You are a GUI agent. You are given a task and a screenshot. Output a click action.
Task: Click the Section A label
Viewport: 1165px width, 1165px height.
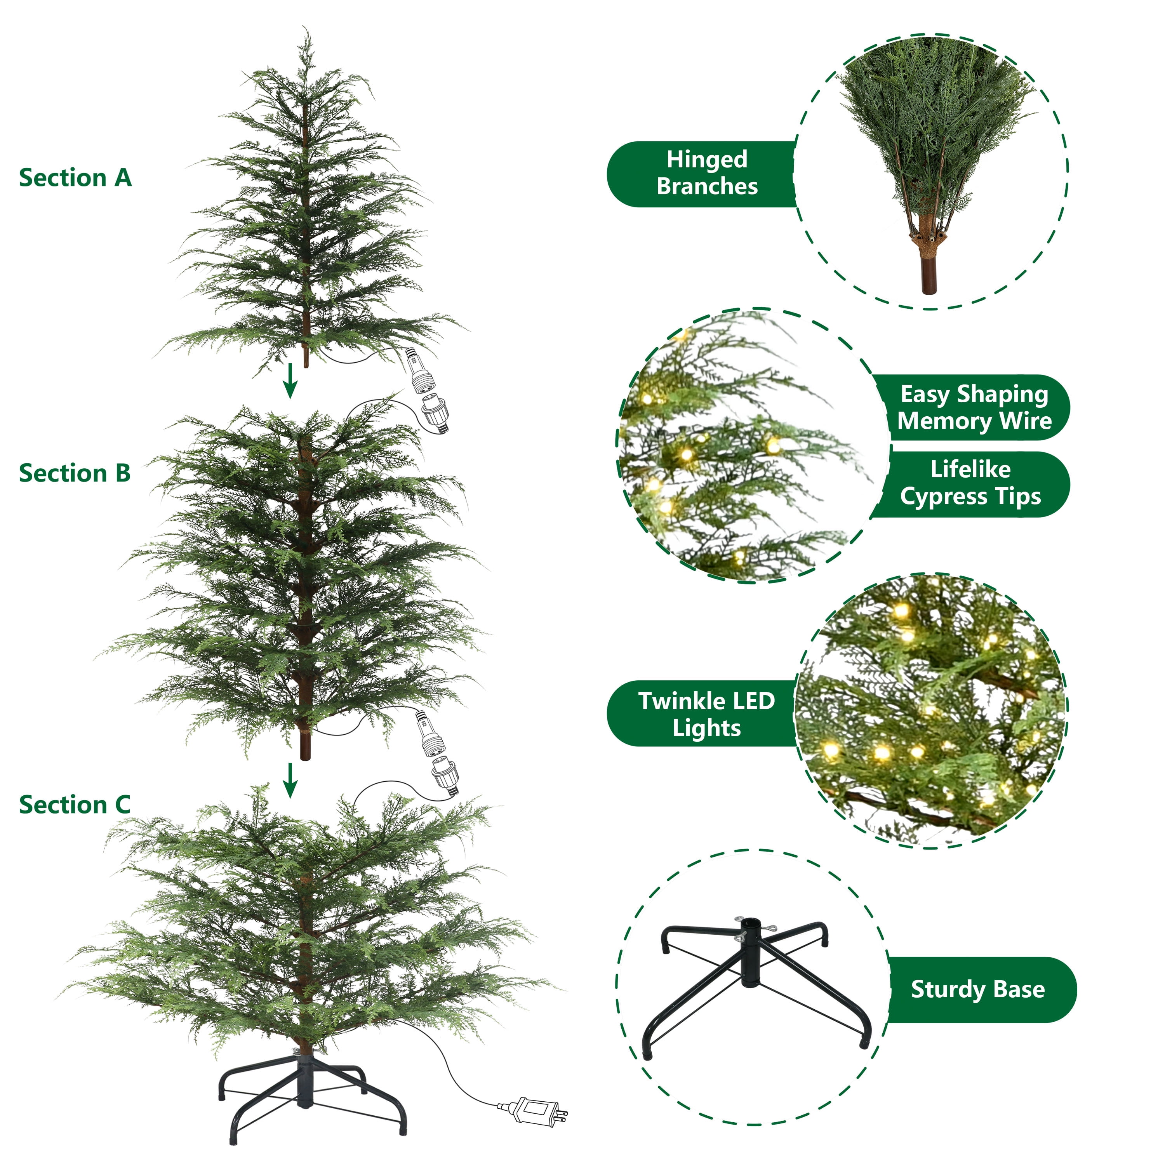[75, 178]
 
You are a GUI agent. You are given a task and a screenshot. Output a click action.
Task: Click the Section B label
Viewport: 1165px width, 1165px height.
[75, 473]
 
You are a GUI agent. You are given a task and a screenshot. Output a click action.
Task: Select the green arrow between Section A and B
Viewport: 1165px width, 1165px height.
[290, 381]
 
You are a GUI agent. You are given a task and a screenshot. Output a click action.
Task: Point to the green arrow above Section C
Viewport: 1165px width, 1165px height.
[290, 781]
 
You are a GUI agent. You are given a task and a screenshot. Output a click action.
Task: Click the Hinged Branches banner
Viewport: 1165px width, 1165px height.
[706, 174]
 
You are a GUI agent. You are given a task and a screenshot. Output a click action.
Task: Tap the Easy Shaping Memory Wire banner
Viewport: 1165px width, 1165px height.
[974, 408]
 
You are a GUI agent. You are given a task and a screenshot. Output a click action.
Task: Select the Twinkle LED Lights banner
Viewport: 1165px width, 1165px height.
[706, 715]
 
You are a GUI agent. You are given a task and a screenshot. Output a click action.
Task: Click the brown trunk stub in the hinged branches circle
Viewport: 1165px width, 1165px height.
[929, 275]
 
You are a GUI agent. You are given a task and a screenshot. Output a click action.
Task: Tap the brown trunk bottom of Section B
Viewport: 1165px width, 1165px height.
[305, 748]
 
